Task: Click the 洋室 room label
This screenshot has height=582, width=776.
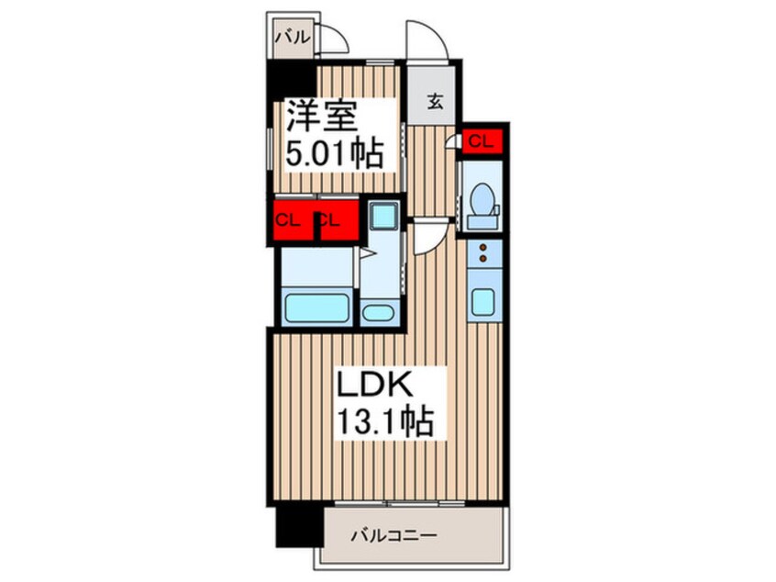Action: (321, 116)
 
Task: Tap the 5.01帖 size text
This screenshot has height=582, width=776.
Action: (334, 153)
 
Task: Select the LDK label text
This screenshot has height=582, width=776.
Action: (374, 384)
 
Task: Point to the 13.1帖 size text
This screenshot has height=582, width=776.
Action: (385, 420)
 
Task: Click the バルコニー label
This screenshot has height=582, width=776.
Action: (394, 535)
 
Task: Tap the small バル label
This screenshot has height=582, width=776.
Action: (293, 37)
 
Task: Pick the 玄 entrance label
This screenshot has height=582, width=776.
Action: (435, 103)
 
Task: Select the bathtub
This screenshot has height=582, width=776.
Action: (316, 308)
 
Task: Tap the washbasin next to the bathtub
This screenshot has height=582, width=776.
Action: (378, 313)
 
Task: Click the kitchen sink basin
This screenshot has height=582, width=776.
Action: (482, 302)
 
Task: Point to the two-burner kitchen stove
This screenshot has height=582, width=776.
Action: (484, 253)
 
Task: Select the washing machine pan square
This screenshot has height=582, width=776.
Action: (383, 216)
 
